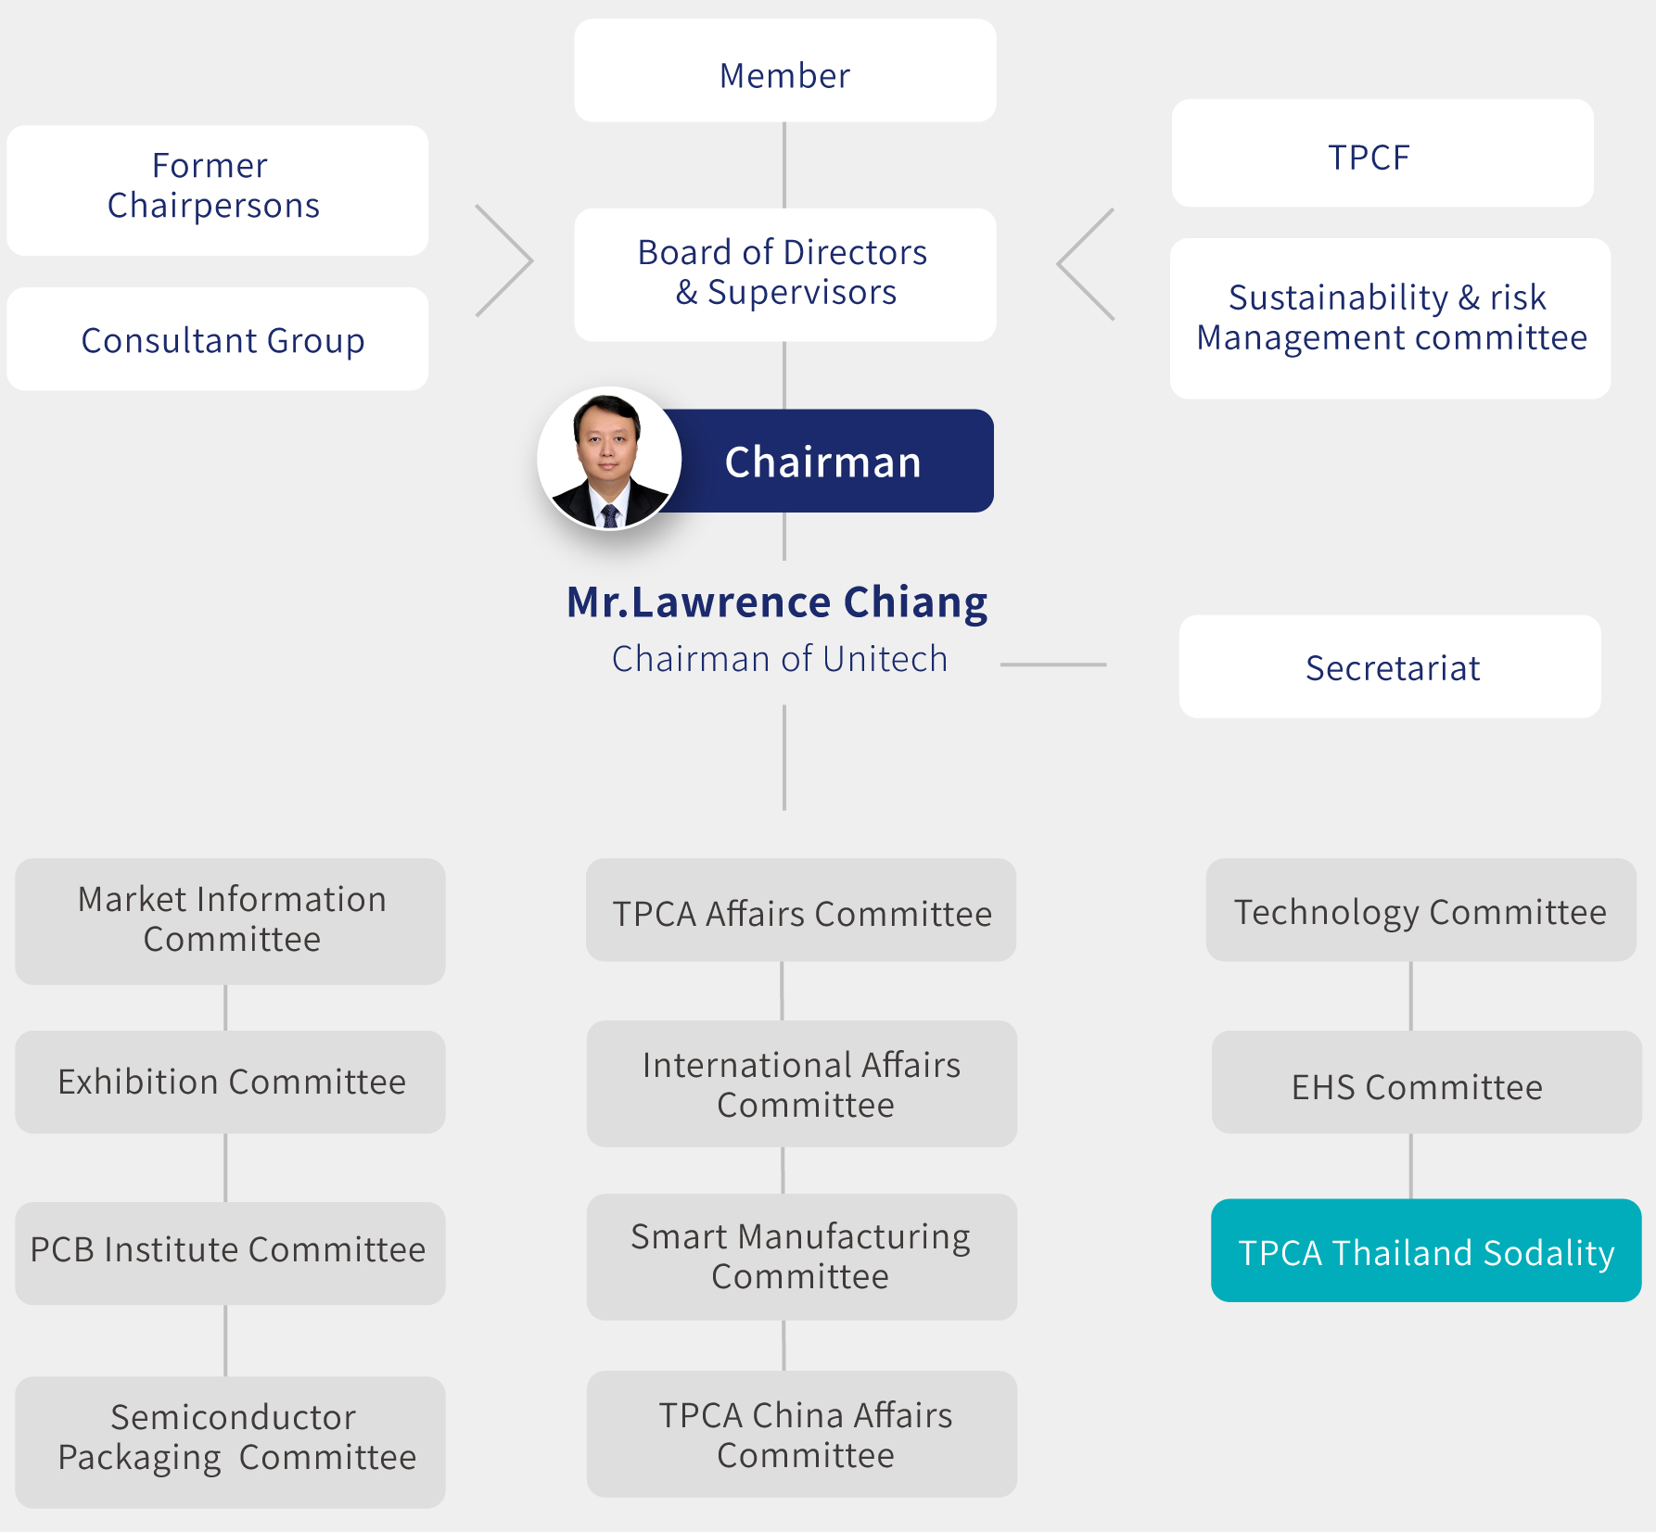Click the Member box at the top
[785, 70]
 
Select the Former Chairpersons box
[218, 190]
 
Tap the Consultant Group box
[218, 338]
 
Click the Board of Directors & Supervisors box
[785, 274]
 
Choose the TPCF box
[1382, 153]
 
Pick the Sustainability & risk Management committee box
[1390, 319]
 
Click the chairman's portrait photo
[609, 459]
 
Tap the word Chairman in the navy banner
[822, 462]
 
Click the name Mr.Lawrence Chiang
[777, 602]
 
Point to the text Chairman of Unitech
[780, 659]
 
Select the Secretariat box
[1390, 666]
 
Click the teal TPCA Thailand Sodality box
[1426, 1250]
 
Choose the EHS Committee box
[1426, 1082]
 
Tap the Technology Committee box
[1420, 909]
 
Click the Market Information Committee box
[230, 921]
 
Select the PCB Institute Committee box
[230, 1253]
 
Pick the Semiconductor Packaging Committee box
[230, 1442]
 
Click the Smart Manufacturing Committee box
[802, 1257]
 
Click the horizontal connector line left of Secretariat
[1053, 665]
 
